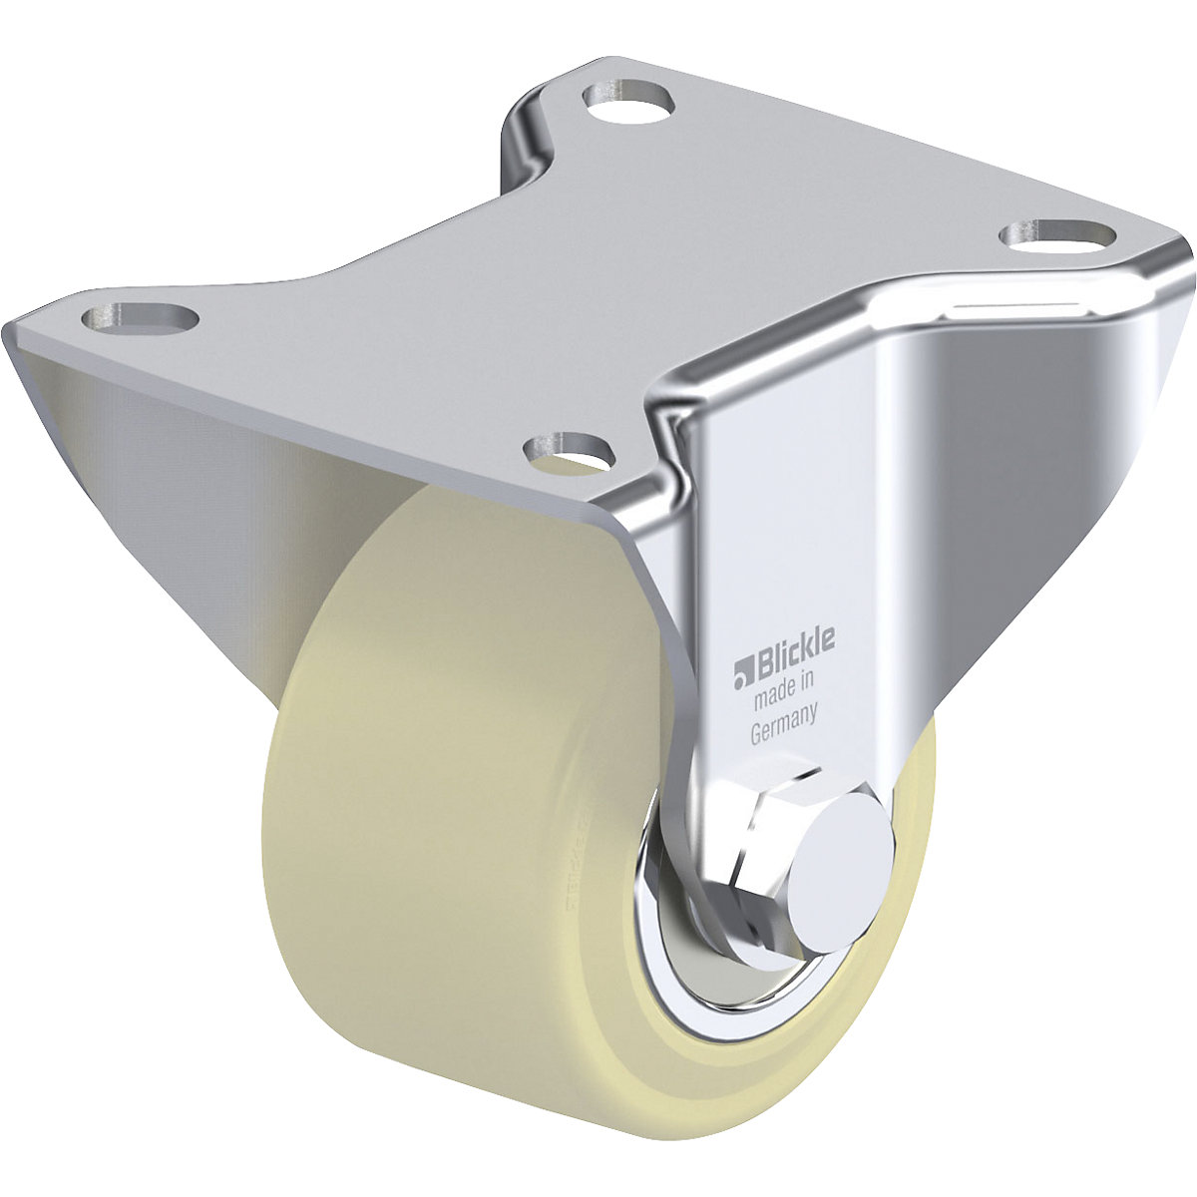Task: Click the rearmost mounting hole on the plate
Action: pos(629,102)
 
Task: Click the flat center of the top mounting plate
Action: pos(598,269)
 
